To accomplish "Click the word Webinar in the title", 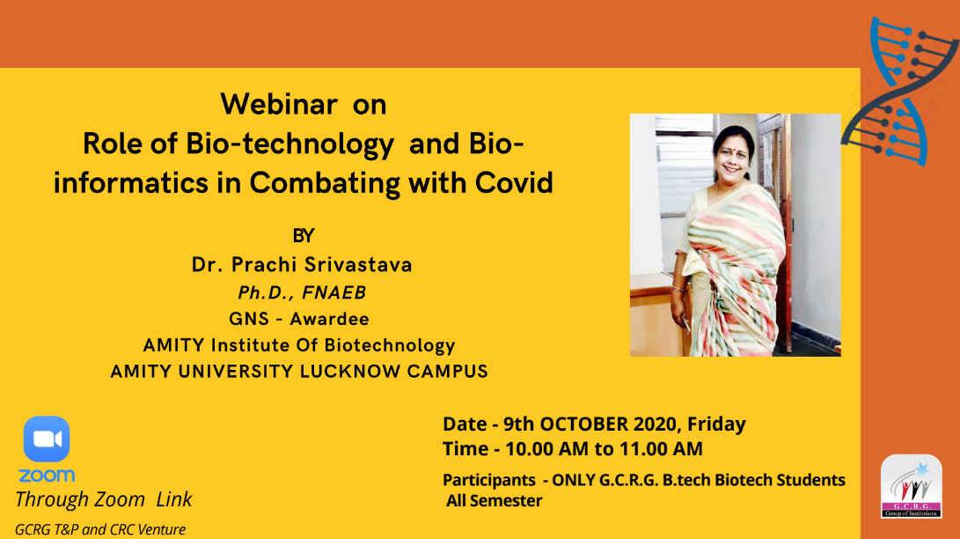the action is (279, 104).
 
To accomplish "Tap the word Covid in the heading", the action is (514, 182).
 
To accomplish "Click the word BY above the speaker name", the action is (303, 236).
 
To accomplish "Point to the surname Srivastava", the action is (358, 264).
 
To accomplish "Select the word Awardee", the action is (329, 319).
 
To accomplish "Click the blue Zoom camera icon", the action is (47, 439).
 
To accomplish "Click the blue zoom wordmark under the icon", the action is (47, 476).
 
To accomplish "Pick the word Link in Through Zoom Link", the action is (174, 499).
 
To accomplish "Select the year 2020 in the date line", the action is (655, 424).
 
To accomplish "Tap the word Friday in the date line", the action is (716, 425).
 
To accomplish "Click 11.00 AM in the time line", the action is (661, 449).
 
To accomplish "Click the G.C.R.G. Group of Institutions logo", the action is (911, 486).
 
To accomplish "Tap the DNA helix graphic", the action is (899, 91).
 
